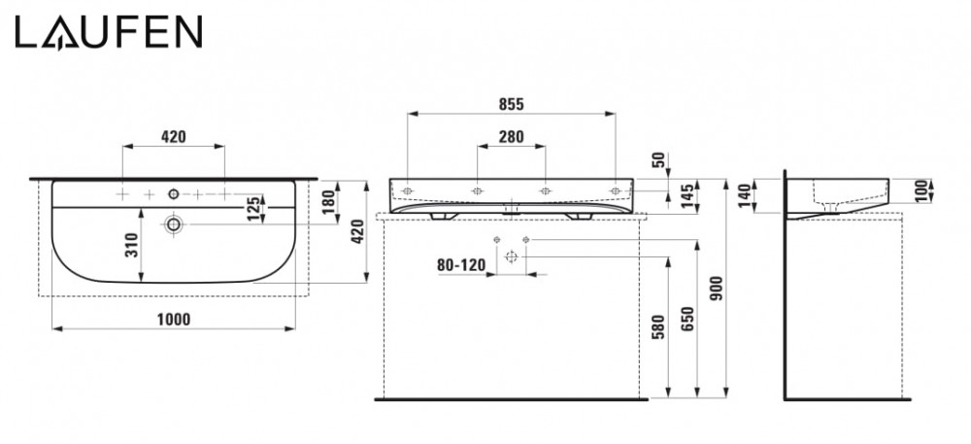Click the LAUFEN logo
[x=109, y=32]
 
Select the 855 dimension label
[x=511, y=104]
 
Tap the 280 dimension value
[x=511, y=136]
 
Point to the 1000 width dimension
[x=174, y=319]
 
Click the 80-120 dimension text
[x=461, y=265]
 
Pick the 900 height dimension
[x=718, y=289]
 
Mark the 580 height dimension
[x=658, y=327]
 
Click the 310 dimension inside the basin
[x=132, y=245]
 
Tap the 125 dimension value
[x=252, y=209]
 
